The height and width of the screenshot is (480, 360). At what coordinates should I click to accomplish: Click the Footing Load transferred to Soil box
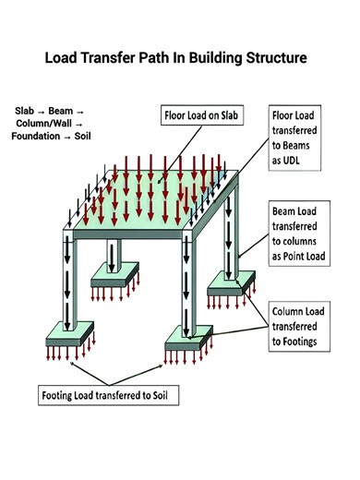click(x=110, y=399)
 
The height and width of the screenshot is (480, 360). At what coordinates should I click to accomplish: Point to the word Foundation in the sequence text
click(x=42, y=137)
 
